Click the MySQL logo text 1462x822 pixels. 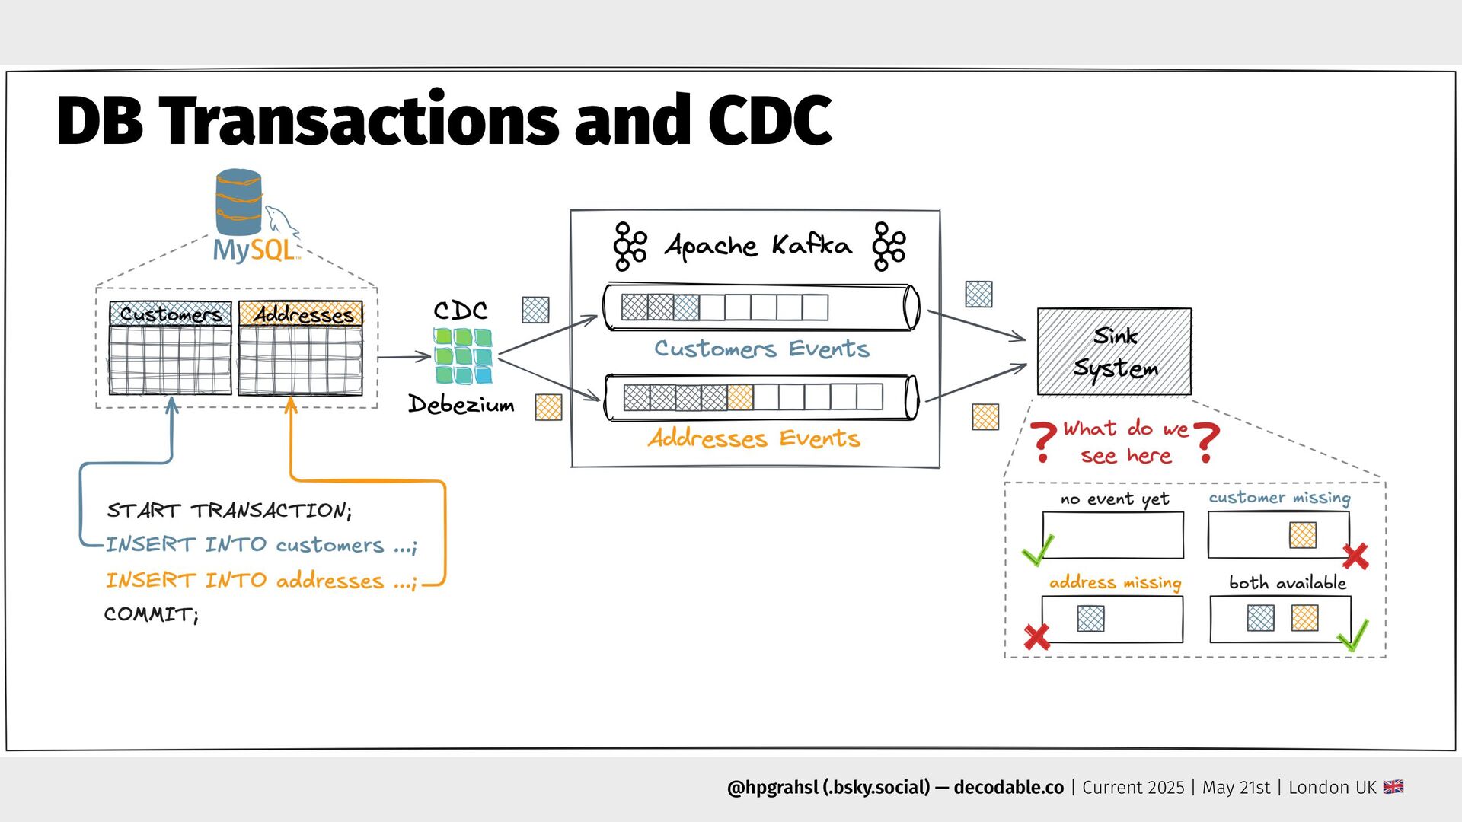pos(254,250)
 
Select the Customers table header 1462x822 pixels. pos(171,314)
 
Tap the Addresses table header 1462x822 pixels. pos(301,314)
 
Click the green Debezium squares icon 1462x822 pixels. pos(463,355)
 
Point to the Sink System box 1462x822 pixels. pos(1114,352)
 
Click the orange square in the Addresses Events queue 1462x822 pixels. pos(739,397)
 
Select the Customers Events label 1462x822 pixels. pos(761,349)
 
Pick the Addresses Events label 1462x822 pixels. pos(754,438)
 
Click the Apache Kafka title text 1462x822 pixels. pos(758,246)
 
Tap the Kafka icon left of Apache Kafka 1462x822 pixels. pos(630,246)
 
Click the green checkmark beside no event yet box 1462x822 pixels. pos(1038,550)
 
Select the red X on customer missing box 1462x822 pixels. pos(1355,556)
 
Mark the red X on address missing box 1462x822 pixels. pos(1037,636)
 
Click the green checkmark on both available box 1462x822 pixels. pos(1353,635)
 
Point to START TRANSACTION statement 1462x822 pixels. pos(229,510)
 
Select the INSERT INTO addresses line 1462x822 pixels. pos(261,581)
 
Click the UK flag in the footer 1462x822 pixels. pos(1393,787)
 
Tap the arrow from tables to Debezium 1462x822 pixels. pos(404,356)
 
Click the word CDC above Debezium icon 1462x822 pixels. pos(461,311)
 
